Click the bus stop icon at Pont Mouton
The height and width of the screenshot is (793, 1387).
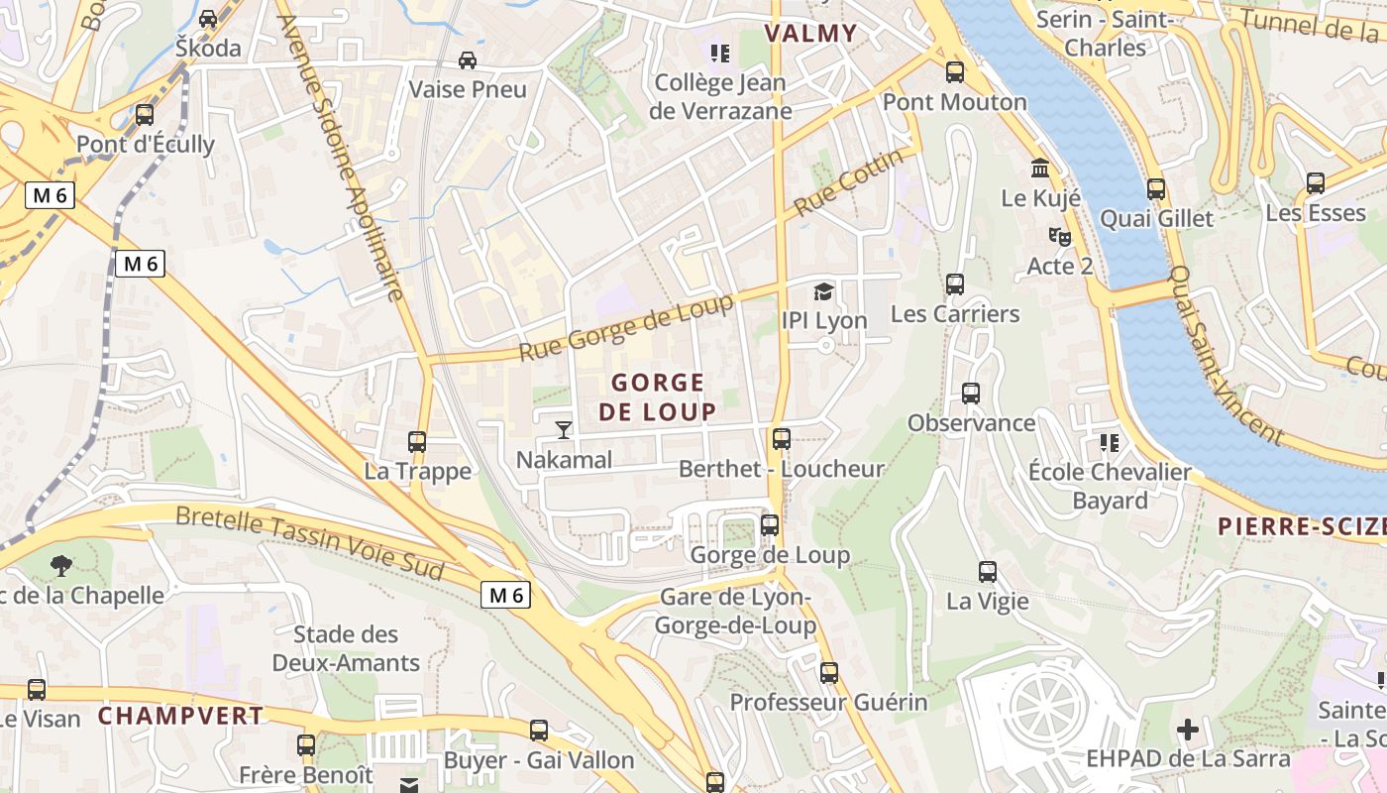click(955, 72)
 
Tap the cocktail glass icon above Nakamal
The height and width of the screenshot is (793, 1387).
click(564, 429)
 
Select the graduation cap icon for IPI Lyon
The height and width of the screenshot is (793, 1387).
click(823, 291)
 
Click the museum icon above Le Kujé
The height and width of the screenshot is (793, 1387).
click(1040, 168)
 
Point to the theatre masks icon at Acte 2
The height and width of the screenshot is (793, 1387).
click(1059, 237)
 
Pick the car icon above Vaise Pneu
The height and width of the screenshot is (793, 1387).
click(468, 60)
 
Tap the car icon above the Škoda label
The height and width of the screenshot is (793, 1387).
click(208, 19)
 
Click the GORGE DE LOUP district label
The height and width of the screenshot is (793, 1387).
click(658, 396)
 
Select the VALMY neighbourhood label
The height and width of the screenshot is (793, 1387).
click(810, 34)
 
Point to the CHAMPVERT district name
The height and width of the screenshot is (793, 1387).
click(180, 716)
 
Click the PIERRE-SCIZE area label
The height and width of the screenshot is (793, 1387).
click(1301, 526)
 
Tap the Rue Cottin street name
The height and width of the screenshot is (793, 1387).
click(850, 182)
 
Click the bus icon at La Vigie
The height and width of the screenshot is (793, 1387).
click(988, 571)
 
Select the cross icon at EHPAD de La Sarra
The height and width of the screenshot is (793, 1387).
click(1187, 731)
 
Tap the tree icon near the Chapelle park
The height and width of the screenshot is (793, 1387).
click(61, 566)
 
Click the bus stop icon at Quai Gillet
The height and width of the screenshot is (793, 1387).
click(1156, 188)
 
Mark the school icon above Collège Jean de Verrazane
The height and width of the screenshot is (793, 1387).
click(719, 53)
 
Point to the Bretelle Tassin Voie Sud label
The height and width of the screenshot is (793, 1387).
click(310, 541)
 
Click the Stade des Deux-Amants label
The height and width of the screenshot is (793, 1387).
click(346, 648)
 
